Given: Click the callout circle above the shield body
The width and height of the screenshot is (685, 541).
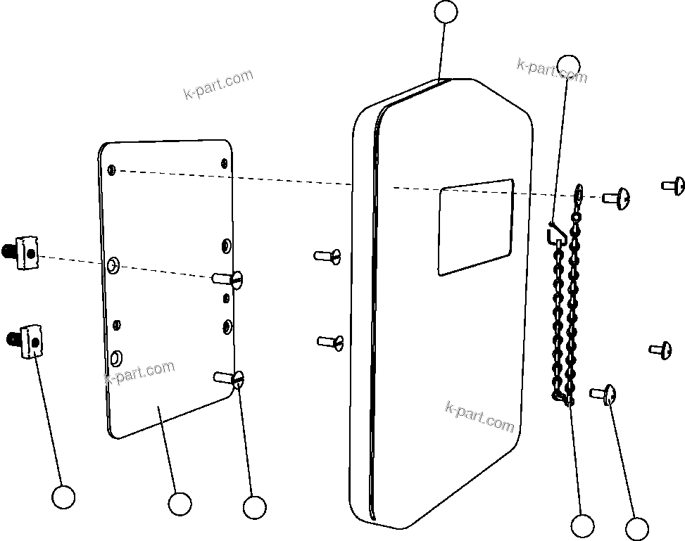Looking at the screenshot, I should [446, 12].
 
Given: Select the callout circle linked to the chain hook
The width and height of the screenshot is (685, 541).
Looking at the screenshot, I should [568, 65].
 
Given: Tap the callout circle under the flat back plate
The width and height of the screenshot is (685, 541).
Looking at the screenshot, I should [180, 504].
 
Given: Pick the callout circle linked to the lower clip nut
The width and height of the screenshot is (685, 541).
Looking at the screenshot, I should [63, 497].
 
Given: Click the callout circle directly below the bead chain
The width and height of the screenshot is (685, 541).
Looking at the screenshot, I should [582, 526].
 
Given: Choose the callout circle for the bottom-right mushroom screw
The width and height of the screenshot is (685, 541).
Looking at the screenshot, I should [636, 529].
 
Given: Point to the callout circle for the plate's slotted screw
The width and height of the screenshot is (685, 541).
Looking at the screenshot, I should [253, 507].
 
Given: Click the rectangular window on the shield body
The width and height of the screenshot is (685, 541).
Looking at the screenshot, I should [475, 227].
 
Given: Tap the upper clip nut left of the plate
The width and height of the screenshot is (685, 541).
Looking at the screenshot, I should [24, 252].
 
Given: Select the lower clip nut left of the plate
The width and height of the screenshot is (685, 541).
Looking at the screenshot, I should [25, 340].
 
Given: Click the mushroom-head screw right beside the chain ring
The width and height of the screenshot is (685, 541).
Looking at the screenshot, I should [616, 198].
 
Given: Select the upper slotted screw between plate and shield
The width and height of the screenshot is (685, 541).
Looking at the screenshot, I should [328, 255].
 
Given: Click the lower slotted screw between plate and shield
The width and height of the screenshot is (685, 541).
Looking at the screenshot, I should [330, 342].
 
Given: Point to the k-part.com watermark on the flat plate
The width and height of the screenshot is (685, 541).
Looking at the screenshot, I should [139, 373].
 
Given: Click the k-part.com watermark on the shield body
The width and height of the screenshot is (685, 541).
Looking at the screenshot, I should [479, 416].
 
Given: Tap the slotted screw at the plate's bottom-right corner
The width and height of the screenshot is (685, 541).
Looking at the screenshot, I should [230, 378].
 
